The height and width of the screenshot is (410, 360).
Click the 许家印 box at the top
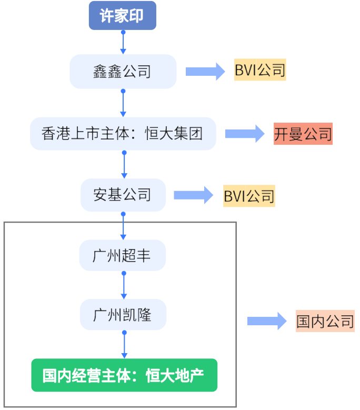point(123,16)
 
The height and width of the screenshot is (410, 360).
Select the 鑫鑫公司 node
point(123,72)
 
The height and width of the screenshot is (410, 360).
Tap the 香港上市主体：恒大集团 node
point(123,134)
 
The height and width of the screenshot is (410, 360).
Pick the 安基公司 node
point(123,195)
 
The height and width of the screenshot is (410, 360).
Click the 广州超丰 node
point(123,256)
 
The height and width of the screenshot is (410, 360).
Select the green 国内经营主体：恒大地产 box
point(124,375)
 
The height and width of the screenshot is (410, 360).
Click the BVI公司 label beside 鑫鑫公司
point(260,71)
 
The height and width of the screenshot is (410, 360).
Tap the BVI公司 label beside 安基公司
point(249,196)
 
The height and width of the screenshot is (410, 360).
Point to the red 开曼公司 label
point(303,134)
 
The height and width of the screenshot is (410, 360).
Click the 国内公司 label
point(325,321)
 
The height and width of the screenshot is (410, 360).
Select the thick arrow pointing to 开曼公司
point(244,134)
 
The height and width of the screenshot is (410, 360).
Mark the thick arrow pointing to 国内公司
point(266,321)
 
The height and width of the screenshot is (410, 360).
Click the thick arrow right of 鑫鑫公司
point(205,71)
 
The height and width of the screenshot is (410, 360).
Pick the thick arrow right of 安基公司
point(193,195)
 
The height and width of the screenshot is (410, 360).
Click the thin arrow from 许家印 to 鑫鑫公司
point(123,42)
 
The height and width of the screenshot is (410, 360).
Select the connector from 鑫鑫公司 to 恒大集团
point(123,103)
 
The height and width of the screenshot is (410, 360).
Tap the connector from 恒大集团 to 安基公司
point(124,165)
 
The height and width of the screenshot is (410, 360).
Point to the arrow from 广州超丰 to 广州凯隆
point(124,286)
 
